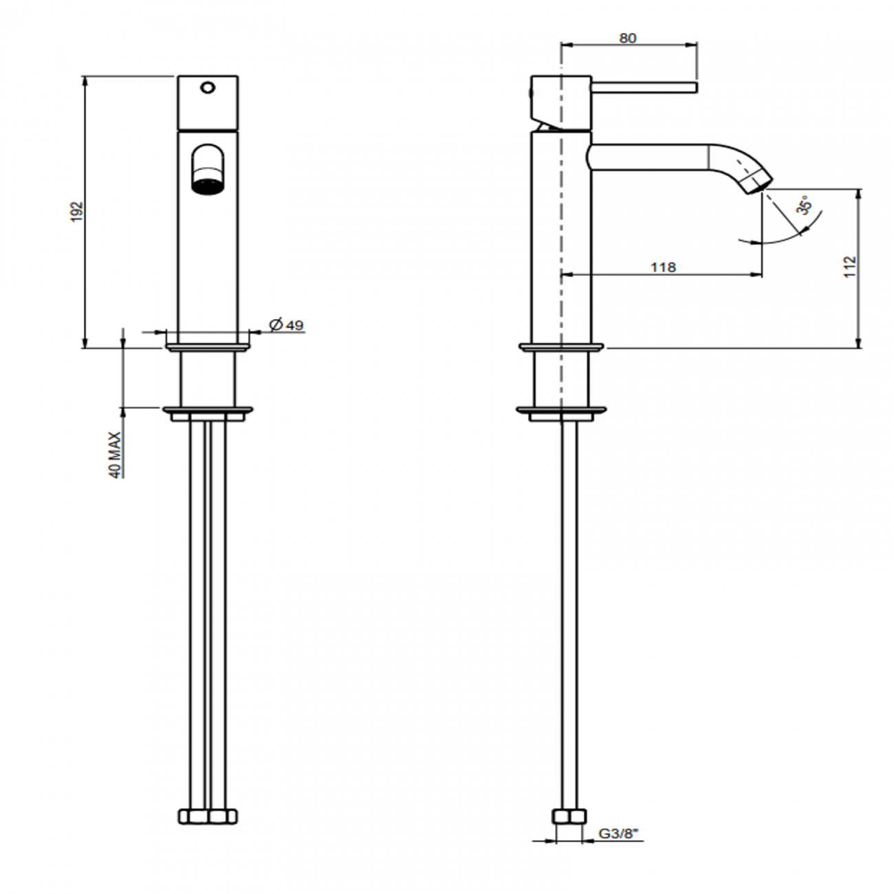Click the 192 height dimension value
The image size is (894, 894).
point(77,211)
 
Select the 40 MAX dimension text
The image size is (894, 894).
point(115,455)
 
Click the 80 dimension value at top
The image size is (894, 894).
point(628,39)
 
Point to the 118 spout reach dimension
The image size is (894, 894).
point(663,267)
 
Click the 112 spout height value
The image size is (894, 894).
point(851,267)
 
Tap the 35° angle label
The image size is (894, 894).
point(805,206)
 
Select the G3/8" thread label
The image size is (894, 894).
point(618,833)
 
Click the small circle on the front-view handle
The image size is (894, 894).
point(208,88)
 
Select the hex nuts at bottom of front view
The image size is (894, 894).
point(208,816)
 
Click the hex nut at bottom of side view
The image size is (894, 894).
point(569,816)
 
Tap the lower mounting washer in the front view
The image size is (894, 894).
point(208,413)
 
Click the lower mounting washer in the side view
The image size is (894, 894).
point(562,413)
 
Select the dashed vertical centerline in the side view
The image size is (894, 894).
point(563,275)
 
